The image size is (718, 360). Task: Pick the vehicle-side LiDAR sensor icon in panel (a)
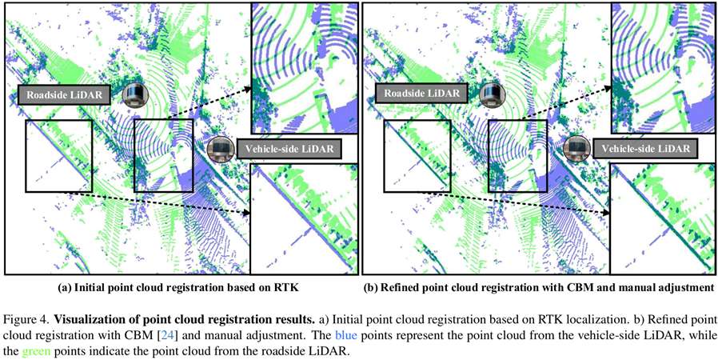coord(219,149)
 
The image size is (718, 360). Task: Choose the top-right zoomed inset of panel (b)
coord(661,68)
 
